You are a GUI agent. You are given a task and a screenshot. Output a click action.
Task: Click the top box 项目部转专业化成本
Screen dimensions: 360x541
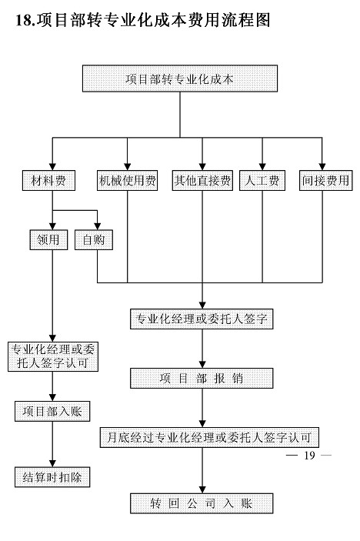point(180,78)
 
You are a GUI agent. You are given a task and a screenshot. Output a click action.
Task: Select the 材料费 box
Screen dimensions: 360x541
point(48,180)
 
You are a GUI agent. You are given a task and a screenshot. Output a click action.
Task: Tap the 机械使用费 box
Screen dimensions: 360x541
point(127,180)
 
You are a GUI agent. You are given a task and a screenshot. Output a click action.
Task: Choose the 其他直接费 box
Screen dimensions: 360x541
point(202,180)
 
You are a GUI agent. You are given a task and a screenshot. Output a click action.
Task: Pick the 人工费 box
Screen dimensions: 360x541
point(262,180)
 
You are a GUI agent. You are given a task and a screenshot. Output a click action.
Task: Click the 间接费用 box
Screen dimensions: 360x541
point(325,180)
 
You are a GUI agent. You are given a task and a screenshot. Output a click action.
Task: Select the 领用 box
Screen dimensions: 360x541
point(48,240)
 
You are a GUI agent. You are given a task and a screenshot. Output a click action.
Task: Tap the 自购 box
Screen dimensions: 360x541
point(94,240)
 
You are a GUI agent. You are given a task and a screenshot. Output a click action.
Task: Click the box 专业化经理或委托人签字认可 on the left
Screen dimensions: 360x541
point(53,357)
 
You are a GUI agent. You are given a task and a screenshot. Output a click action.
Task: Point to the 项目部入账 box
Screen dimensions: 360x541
point(52,411)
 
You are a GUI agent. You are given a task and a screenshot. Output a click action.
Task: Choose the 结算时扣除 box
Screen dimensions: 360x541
point(52,477)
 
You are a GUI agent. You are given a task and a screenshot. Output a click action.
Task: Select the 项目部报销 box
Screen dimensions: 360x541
point(202,379)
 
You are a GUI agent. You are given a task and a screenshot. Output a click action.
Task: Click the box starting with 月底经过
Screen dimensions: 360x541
point(209,438)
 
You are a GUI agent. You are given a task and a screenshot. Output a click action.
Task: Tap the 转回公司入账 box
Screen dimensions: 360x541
point(202,503)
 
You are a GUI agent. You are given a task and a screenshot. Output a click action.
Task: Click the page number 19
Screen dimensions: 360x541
point(309,456)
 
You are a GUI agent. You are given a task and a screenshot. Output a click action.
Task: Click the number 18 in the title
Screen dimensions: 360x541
point(23,20)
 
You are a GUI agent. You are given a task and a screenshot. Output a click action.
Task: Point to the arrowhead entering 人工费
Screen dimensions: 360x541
point(262,167)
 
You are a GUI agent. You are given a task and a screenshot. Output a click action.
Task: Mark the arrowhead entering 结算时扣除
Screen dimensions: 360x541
point(52,463)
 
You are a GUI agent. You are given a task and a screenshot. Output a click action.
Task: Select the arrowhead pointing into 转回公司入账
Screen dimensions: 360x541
point(202,489)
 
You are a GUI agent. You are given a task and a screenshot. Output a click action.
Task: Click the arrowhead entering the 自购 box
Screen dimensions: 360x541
point(97,226)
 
